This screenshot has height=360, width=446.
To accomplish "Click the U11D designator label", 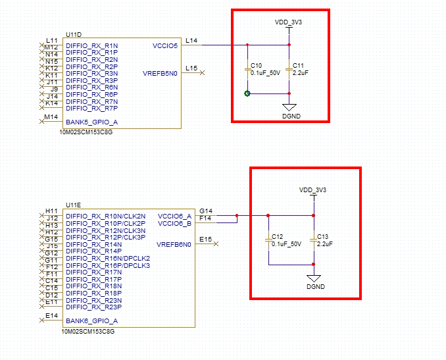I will pos(73,33).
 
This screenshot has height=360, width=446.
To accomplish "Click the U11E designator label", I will pos(73,204).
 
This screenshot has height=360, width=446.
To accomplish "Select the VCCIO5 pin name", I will pos(165,45).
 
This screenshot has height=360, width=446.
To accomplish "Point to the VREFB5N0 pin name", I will pos(161,73).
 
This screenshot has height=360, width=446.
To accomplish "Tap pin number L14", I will pos(191,41).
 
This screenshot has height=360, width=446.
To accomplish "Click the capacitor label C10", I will pos(257,65).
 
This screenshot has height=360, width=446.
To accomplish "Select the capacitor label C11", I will pos(298,65).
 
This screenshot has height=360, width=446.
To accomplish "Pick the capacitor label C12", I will pos(277,236).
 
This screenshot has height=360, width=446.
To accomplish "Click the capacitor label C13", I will pos(322,236).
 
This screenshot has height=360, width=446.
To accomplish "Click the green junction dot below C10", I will pos(247,94).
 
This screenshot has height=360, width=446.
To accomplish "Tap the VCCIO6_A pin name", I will pos(174,216).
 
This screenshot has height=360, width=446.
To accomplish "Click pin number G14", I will pos(205,211).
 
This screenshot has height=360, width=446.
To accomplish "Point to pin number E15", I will pos(205,239).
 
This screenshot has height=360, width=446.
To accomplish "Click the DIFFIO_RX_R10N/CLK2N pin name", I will pos(106,216).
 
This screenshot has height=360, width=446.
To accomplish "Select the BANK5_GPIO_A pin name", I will pos(92,122).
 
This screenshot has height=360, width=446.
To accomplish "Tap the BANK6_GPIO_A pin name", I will pos(92,321).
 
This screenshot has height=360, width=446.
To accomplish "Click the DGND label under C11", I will pos(289,116).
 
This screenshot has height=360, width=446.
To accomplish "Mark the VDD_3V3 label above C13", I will pos(313,190).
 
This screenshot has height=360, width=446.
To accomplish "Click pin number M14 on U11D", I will pos(51,116).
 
